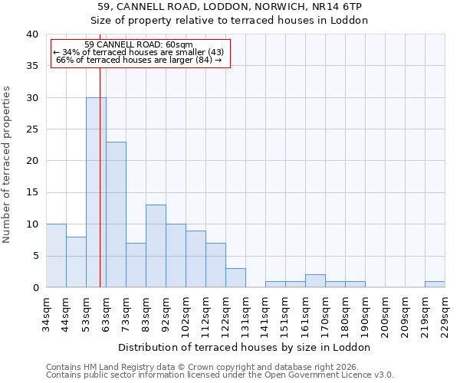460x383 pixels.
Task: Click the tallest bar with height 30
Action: tap(96, 192)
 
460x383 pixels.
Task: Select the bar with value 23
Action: tap(116, 214)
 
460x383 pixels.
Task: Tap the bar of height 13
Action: tap(156, 246)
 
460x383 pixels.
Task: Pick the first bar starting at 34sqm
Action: tap(56, 256)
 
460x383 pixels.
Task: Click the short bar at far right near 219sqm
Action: tap(435, 284)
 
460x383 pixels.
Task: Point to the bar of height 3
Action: tap(235, 278)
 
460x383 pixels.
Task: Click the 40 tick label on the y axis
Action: tap(31, 34)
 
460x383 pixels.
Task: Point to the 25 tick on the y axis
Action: tap(31, 129)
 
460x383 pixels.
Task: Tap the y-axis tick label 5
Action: tap(34, 256)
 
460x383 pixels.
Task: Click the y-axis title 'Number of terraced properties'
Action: tap(7, 165)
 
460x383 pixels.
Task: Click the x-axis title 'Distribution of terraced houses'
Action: tap(245, 347)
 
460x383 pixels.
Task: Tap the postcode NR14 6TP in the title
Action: tap(338, 6)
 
